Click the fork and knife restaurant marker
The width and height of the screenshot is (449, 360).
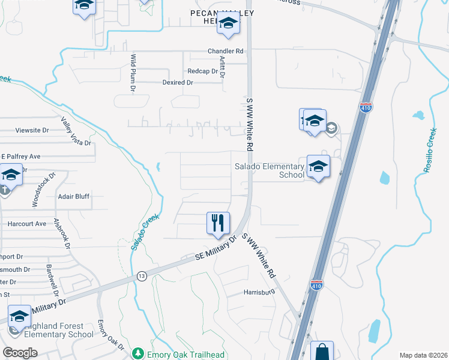click(x=218, y=223)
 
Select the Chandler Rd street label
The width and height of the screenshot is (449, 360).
click(x=225, y=52)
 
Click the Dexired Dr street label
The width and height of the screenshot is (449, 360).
click(x=178, y=83)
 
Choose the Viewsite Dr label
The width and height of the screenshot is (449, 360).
click(x=32, y=130)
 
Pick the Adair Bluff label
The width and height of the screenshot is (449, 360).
click(x=73, y=196)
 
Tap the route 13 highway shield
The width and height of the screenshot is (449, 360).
click(x=142, y=275)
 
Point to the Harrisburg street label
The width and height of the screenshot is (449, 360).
click(x=259, y=292)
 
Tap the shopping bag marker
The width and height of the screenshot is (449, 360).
click(x=321, y=351)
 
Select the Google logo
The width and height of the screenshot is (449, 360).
click(x=20, y=353)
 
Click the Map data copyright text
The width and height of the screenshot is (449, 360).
click(x=423, y=355)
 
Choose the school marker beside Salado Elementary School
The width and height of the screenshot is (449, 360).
click(x=318, y=166)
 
